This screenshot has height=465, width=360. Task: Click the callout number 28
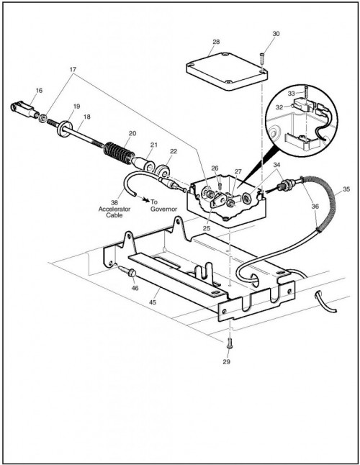(x=216, y=42)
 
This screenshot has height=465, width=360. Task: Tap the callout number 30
(x=276, y=34)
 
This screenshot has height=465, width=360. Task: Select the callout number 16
(x=39, y=91)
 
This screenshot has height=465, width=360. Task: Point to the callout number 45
(x=153, y=302)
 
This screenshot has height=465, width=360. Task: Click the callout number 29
(x=226, y=361)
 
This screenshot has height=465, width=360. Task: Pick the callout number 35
(x=346, y=189)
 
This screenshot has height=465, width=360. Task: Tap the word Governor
(x=163, y=209)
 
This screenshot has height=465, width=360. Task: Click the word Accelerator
(x=114, y=209)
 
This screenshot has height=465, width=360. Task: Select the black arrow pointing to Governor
(x=145, y=199)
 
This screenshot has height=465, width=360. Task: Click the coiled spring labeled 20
(x=118, y=153)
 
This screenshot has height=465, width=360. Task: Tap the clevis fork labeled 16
(x=25, y=109)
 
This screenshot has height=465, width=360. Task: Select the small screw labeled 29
(x=229, y=343)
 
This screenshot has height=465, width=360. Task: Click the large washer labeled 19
(x=65, y=129)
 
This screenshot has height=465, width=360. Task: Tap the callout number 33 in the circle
(x=291, y=94)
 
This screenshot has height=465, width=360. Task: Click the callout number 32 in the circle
(x=279, y=107)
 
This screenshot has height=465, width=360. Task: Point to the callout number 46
(x=135, y=288)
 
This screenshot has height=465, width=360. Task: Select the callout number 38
(x=114, y=203)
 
